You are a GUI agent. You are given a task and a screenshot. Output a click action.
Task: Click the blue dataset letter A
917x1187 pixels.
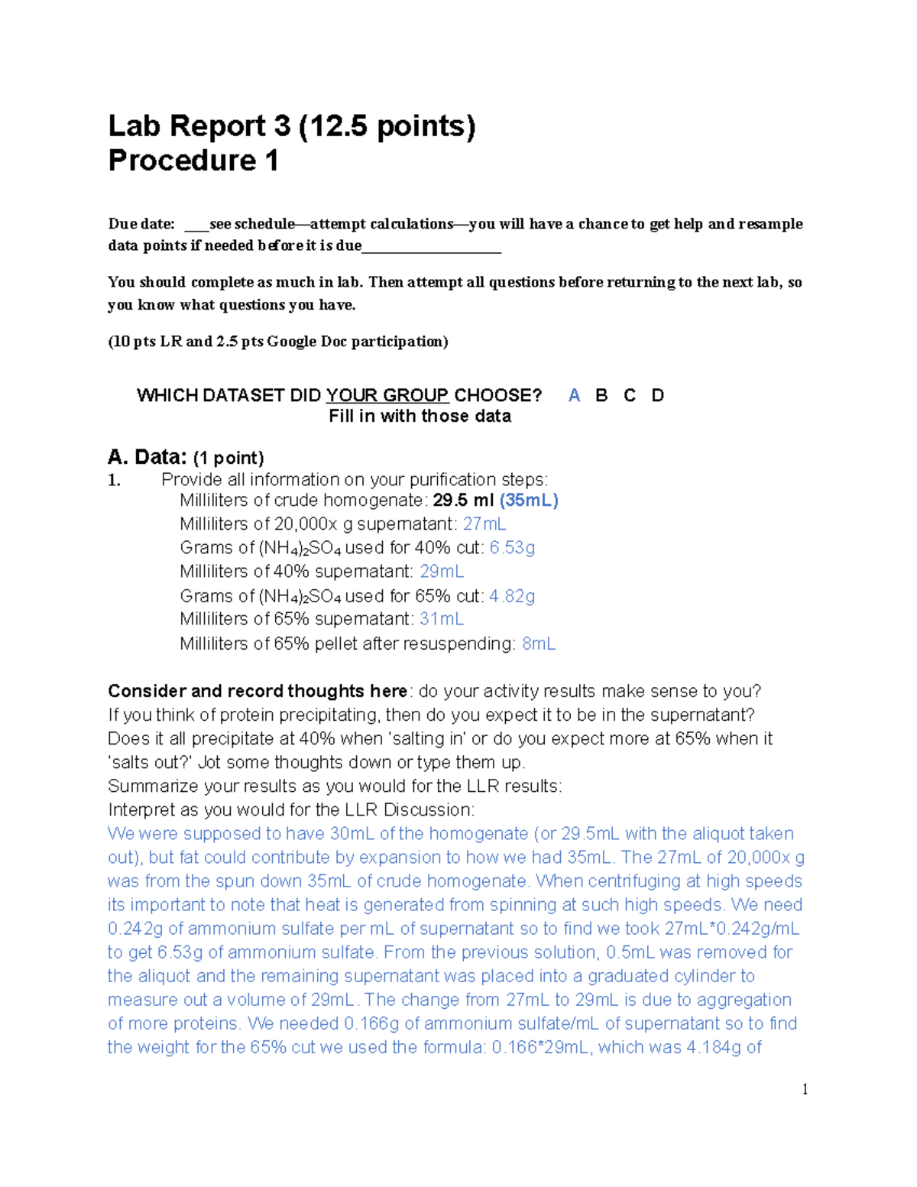point(575,395)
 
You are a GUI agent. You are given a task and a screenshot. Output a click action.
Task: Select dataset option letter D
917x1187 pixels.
point(657,395)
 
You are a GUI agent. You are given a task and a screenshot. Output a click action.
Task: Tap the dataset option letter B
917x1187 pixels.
point(601,395)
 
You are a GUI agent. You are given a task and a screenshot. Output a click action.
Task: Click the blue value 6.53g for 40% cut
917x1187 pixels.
point(512,547)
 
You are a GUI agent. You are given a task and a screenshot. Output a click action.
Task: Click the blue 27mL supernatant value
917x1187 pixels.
point(484,524)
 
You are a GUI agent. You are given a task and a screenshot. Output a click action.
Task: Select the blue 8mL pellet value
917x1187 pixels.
point(539,644)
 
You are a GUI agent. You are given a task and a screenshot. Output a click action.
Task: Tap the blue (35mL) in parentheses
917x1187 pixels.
point(529,500)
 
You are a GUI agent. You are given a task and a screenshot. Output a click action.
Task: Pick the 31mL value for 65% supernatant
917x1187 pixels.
point(442,618)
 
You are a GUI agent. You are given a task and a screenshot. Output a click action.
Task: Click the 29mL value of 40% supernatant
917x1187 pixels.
point(442,571)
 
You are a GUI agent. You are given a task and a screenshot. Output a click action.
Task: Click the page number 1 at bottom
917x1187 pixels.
point(805,1089)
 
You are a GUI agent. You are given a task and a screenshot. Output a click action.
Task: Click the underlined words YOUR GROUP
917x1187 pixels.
point(387,395)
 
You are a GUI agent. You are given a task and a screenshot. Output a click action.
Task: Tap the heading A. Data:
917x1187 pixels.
point(147,457)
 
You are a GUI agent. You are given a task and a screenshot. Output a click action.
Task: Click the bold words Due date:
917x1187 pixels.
point(141,224)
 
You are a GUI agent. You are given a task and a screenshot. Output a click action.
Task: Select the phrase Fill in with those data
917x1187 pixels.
point(420,416)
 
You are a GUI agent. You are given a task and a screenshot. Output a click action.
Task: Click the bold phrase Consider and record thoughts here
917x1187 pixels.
point(258,691)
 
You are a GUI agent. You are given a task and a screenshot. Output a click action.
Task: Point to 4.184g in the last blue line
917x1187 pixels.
point(714,1047)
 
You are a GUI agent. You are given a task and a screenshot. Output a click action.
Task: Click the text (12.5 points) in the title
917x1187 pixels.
point(387,125)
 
